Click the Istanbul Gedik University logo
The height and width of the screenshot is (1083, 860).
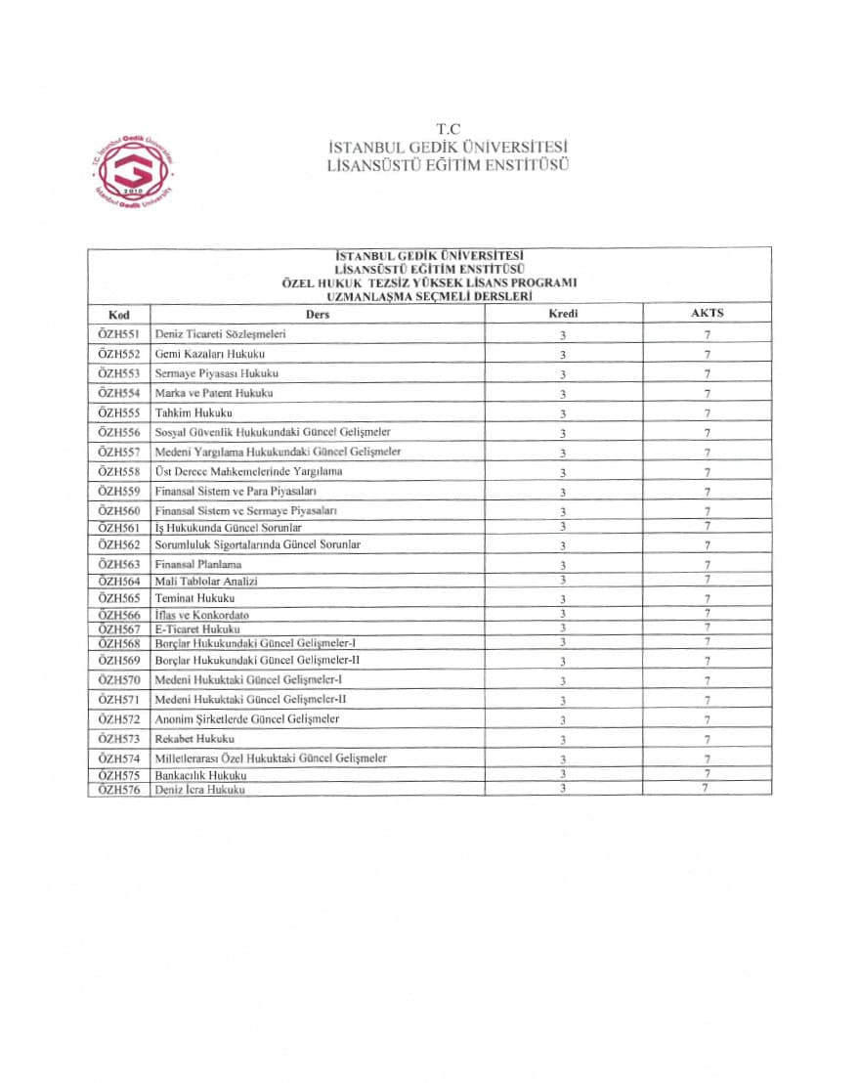pyautogui.click(x=131, y=170)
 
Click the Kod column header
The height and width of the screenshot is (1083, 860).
pyautogui.click(x=117, y=315)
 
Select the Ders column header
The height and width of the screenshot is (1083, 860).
pyautogui.click(x=318, y=315)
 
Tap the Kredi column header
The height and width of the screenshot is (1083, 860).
pyautogui.click(x=564, y=314)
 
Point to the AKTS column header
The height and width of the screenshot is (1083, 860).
pyautogui.click(x=707, y=314)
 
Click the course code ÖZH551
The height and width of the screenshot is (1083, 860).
pyautogui.click(x=119, y=334)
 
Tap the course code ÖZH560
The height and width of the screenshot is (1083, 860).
pyautogui.click(x=119, y=510)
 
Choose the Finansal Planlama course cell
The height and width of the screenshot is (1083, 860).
pyautogui.click(x=198, y=564)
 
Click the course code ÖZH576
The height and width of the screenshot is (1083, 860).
pyautogui.click(x=119, y=789)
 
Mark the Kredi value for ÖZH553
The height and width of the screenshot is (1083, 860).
pyautogui.click(x=563, y=374)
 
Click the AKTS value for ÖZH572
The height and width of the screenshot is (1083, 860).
pyautogui.click(x=707, y=719)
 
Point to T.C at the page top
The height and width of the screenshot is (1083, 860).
pyautogui.click(x=448, y=129)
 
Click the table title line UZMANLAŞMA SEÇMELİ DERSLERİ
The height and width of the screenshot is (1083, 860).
pyautogui.click(x=430, y=295)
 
